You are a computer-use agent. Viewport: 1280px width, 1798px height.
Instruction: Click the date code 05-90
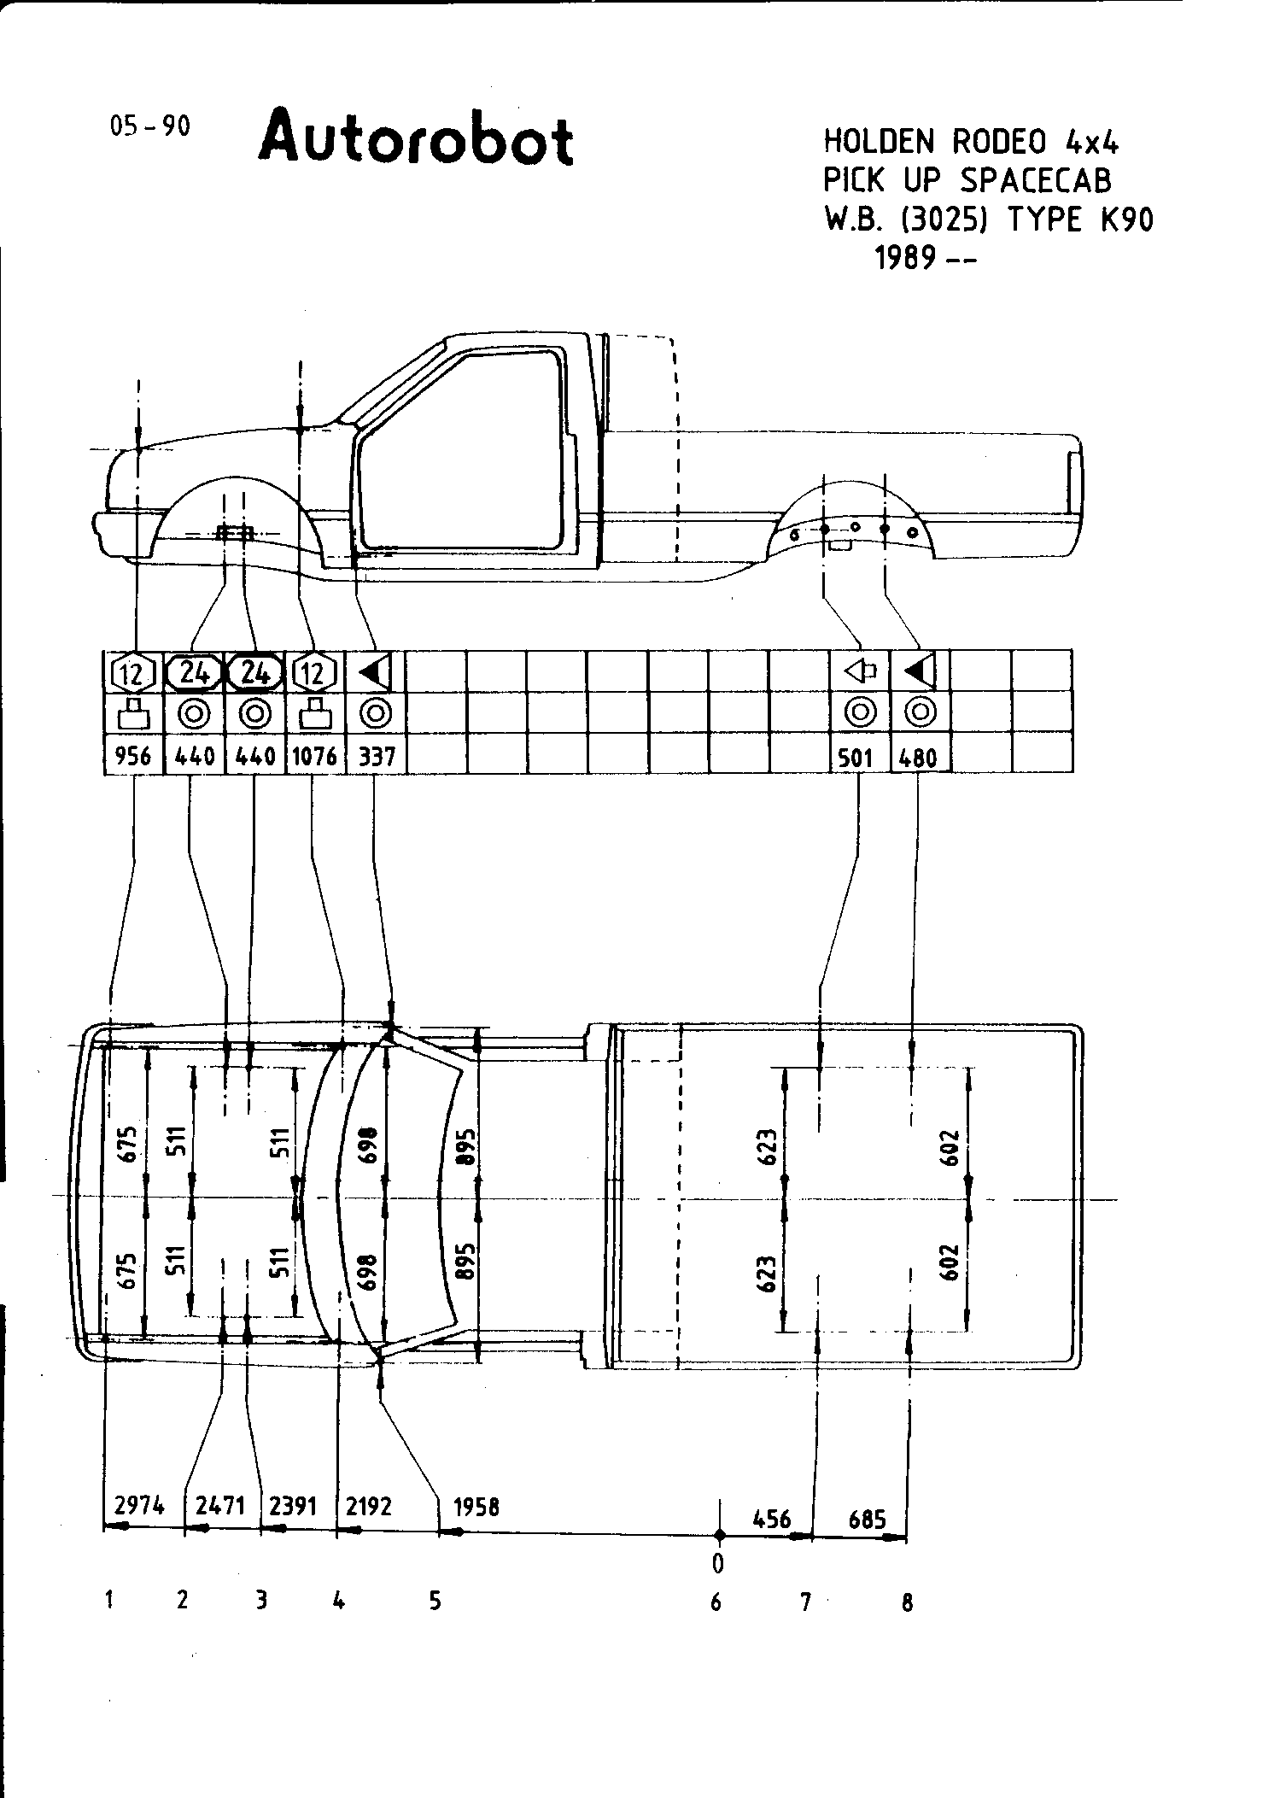tap(149, 126)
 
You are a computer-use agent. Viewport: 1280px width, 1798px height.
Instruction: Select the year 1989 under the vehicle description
tap(904, 257)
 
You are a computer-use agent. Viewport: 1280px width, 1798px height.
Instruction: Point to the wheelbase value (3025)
tap(944, 220)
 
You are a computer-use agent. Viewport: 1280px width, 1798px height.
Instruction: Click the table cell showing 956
tap(133, 756)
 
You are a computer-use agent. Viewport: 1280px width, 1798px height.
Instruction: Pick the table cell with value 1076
tap(314, 756)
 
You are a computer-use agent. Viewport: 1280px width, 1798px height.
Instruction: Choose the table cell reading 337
tap(376, 756)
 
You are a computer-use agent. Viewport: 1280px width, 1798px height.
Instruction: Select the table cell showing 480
tap(919, 757)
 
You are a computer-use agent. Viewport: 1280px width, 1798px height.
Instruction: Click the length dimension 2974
tap(139, 1505)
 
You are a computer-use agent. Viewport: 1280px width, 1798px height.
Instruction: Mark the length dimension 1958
tap(476, 1507)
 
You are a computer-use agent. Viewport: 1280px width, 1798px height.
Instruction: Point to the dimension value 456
tap(772, 1520)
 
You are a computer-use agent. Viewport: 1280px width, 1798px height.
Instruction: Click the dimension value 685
tap(867, 1520)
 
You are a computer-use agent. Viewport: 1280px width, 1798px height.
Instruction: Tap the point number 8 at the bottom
tap(907, 1603)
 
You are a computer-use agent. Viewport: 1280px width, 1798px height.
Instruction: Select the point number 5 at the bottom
tap(435, 1600)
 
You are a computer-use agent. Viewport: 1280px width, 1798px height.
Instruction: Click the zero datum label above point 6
tap(718, 1563)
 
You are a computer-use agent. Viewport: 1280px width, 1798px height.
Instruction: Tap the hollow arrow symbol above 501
tap(860, 671)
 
